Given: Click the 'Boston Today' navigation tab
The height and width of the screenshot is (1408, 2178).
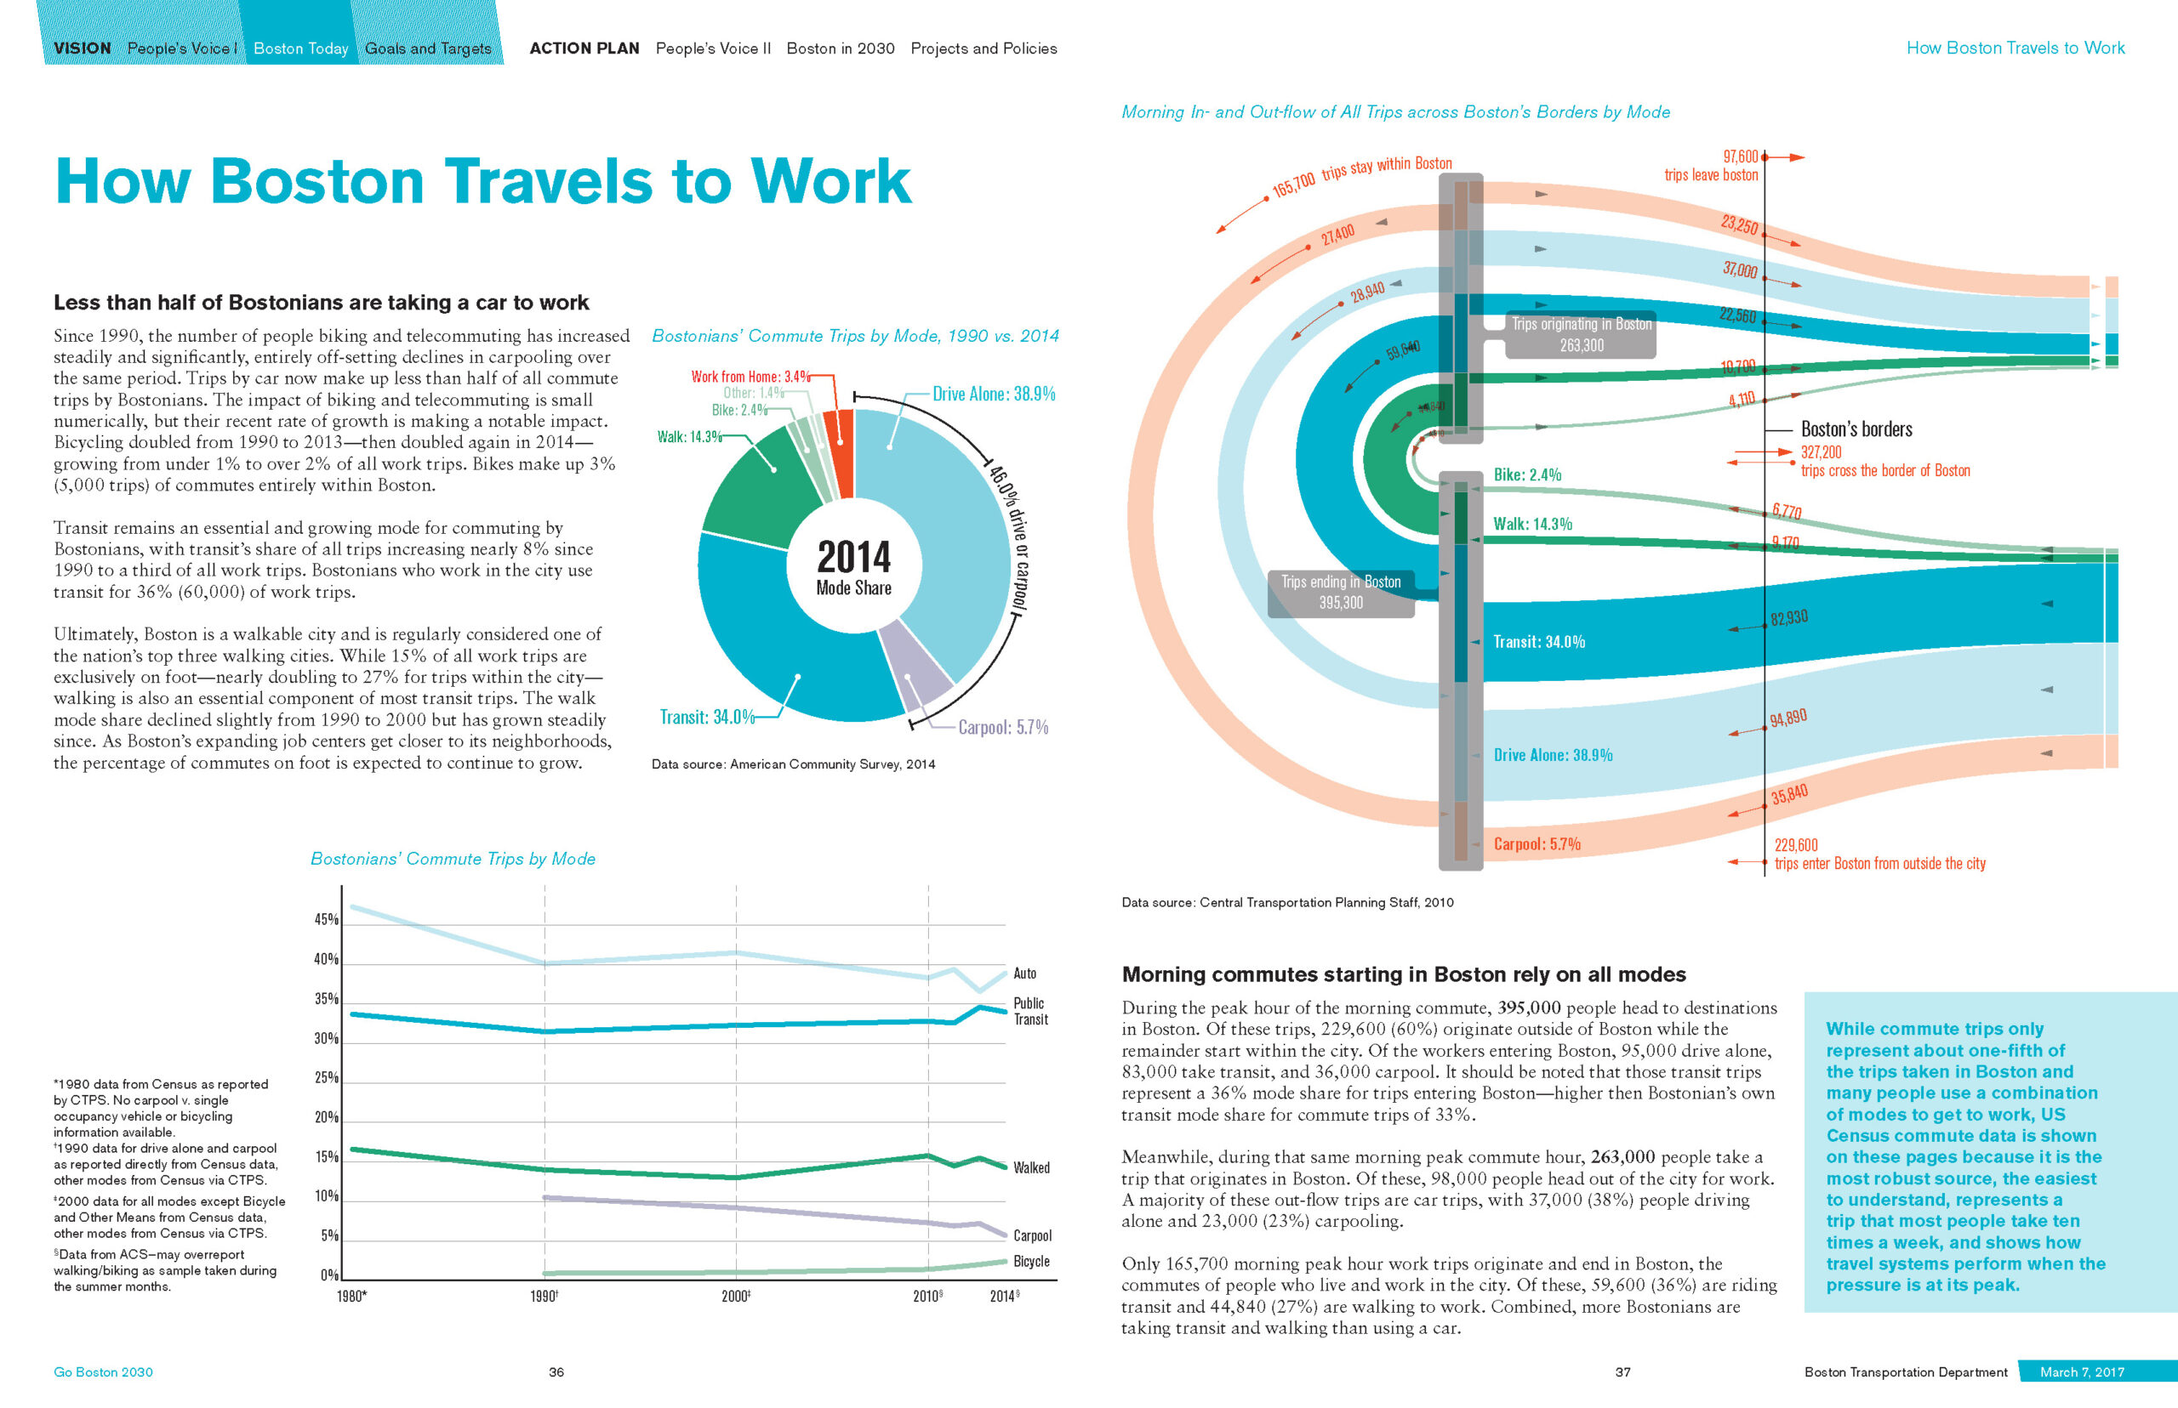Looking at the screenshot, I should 300,48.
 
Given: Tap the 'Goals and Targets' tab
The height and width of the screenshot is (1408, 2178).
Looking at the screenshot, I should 428,48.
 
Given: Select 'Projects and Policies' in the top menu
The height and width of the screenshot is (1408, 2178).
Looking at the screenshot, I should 984,48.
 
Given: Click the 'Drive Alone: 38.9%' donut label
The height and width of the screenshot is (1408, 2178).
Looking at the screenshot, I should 994,394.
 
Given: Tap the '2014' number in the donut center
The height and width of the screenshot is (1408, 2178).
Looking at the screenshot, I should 853,556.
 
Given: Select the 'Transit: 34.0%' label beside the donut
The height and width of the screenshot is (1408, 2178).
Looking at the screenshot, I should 707,717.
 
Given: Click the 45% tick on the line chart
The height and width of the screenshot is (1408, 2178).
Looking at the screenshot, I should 327,919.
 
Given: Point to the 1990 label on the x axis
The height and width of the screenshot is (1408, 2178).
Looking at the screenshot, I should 544,1297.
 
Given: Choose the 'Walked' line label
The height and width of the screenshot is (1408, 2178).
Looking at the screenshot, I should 1031,1167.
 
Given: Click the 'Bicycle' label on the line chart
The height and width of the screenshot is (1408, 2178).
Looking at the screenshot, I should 1031,1262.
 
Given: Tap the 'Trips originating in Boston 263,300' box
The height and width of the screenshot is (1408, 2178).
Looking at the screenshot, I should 1581,335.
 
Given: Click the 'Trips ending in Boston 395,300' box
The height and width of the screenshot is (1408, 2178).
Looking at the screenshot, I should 1340,593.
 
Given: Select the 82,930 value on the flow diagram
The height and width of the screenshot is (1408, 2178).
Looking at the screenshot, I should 1788,618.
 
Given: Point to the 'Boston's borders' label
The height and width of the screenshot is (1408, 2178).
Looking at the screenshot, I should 1856,429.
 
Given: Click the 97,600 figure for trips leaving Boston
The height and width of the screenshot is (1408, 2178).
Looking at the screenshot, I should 1740,157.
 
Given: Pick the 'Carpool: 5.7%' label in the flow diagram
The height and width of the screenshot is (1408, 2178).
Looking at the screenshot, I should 1537,844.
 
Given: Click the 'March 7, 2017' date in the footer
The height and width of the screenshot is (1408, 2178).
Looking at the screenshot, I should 2082,1371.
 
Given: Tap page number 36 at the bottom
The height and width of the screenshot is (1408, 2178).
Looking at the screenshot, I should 556,1371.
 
